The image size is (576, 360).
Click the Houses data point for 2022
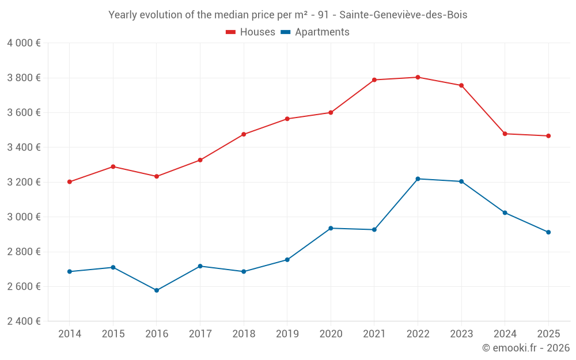point(418,77)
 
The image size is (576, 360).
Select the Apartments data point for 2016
point(157,290)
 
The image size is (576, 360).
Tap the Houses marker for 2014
point(70,182)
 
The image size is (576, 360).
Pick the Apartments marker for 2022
point(418,179)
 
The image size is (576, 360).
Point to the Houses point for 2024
point(505,134)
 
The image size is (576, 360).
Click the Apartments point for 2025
point(548,232)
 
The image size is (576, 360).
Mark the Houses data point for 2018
point(244,134)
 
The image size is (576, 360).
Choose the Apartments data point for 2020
point(331,228)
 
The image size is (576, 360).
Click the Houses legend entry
point(251,32)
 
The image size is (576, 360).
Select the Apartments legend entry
point(315,32)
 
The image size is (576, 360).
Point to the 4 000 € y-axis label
point(24,43)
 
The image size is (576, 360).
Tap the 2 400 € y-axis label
point(24,321)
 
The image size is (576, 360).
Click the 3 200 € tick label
point(24,182)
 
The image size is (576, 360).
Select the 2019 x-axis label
point(287,334)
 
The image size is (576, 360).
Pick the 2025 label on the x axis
point(548,334)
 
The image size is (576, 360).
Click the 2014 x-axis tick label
point(70,334)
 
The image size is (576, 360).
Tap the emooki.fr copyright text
point(525,348)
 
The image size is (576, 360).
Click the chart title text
point(288,15)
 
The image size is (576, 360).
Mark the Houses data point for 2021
point(374,80)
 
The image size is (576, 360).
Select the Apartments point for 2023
point(461,181)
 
